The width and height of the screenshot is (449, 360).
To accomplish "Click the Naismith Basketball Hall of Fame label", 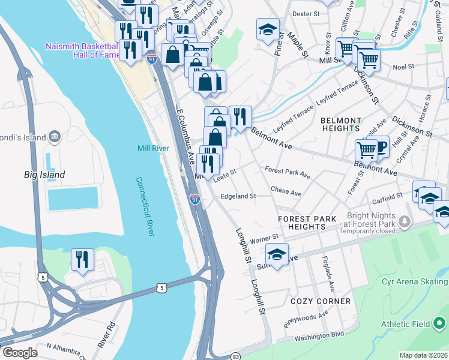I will tap(82, 51).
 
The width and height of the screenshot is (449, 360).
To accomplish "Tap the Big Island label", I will tap(44, 175).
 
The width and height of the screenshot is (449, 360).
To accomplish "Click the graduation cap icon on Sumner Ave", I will tap(277, 254).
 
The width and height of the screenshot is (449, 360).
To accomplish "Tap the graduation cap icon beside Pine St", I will tap(268, 29).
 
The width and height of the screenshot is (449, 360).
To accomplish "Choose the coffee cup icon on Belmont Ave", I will tap(379, 147).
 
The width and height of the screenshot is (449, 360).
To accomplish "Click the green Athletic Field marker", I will tap(439, 324).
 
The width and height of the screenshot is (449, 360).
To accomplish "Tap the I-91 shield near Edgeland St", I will tap(195, 200).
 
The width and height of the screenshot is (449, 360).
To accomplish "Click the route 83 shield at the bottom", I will tap(236, 356).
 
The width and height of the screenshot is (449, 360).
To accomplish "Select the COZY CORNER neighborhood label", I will tap(320, 301).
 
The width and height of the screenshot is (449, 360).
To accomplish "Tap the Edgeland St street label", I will tap(238, 196).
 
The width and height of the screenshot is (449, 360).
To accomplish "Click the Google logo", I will tap(20, 352).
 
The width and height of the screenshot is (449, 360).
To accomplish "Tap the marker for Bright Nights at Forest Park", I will tap(405, 222).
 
